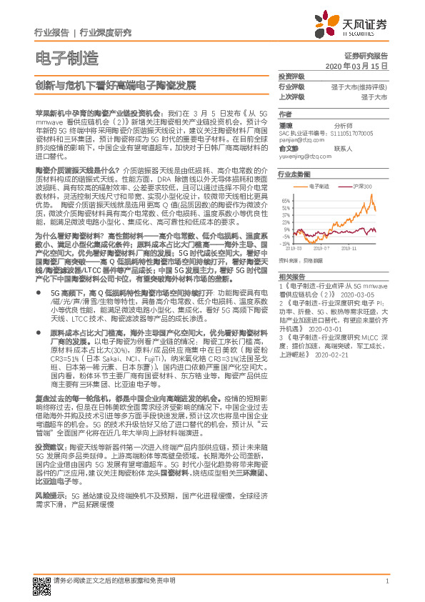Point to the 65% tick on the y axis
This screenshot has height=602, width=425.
coord(285,201)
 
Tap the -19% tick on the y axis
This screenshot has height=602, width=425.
coord(284,244)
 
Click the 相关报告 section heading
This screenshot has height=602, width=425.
coord(291,275)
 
